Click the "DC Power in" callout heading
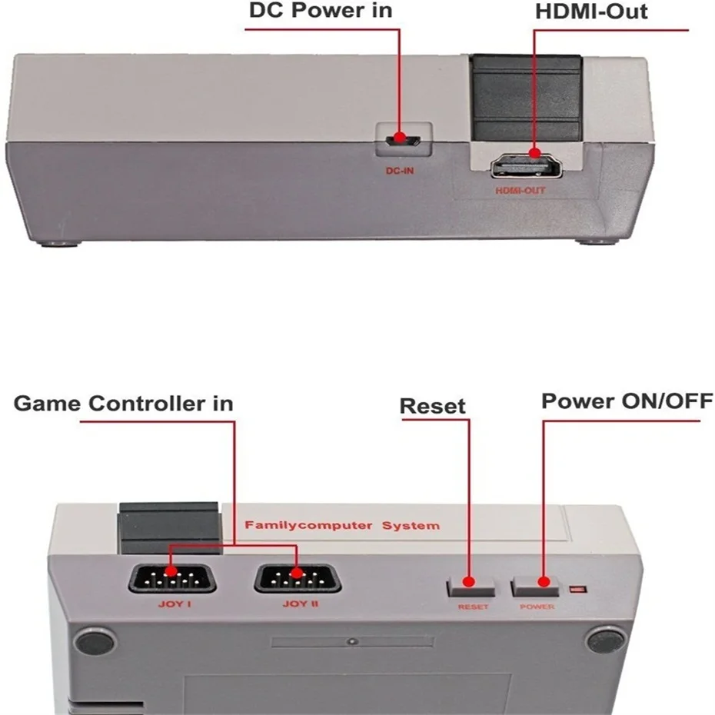point(320,12)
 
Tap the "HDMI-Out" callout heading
point(590,12)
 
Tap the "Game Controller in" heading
point(124,403)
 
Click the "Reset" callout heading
point(433,406)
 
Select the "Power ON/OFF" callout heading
point(627,401)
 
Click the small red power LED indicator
point(577,590)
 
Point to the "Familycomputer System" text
point(342,526)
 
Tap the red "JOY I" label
point(171,604)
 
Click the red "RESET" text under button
point(473,607)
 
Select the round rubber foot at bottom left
point(95,640)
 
